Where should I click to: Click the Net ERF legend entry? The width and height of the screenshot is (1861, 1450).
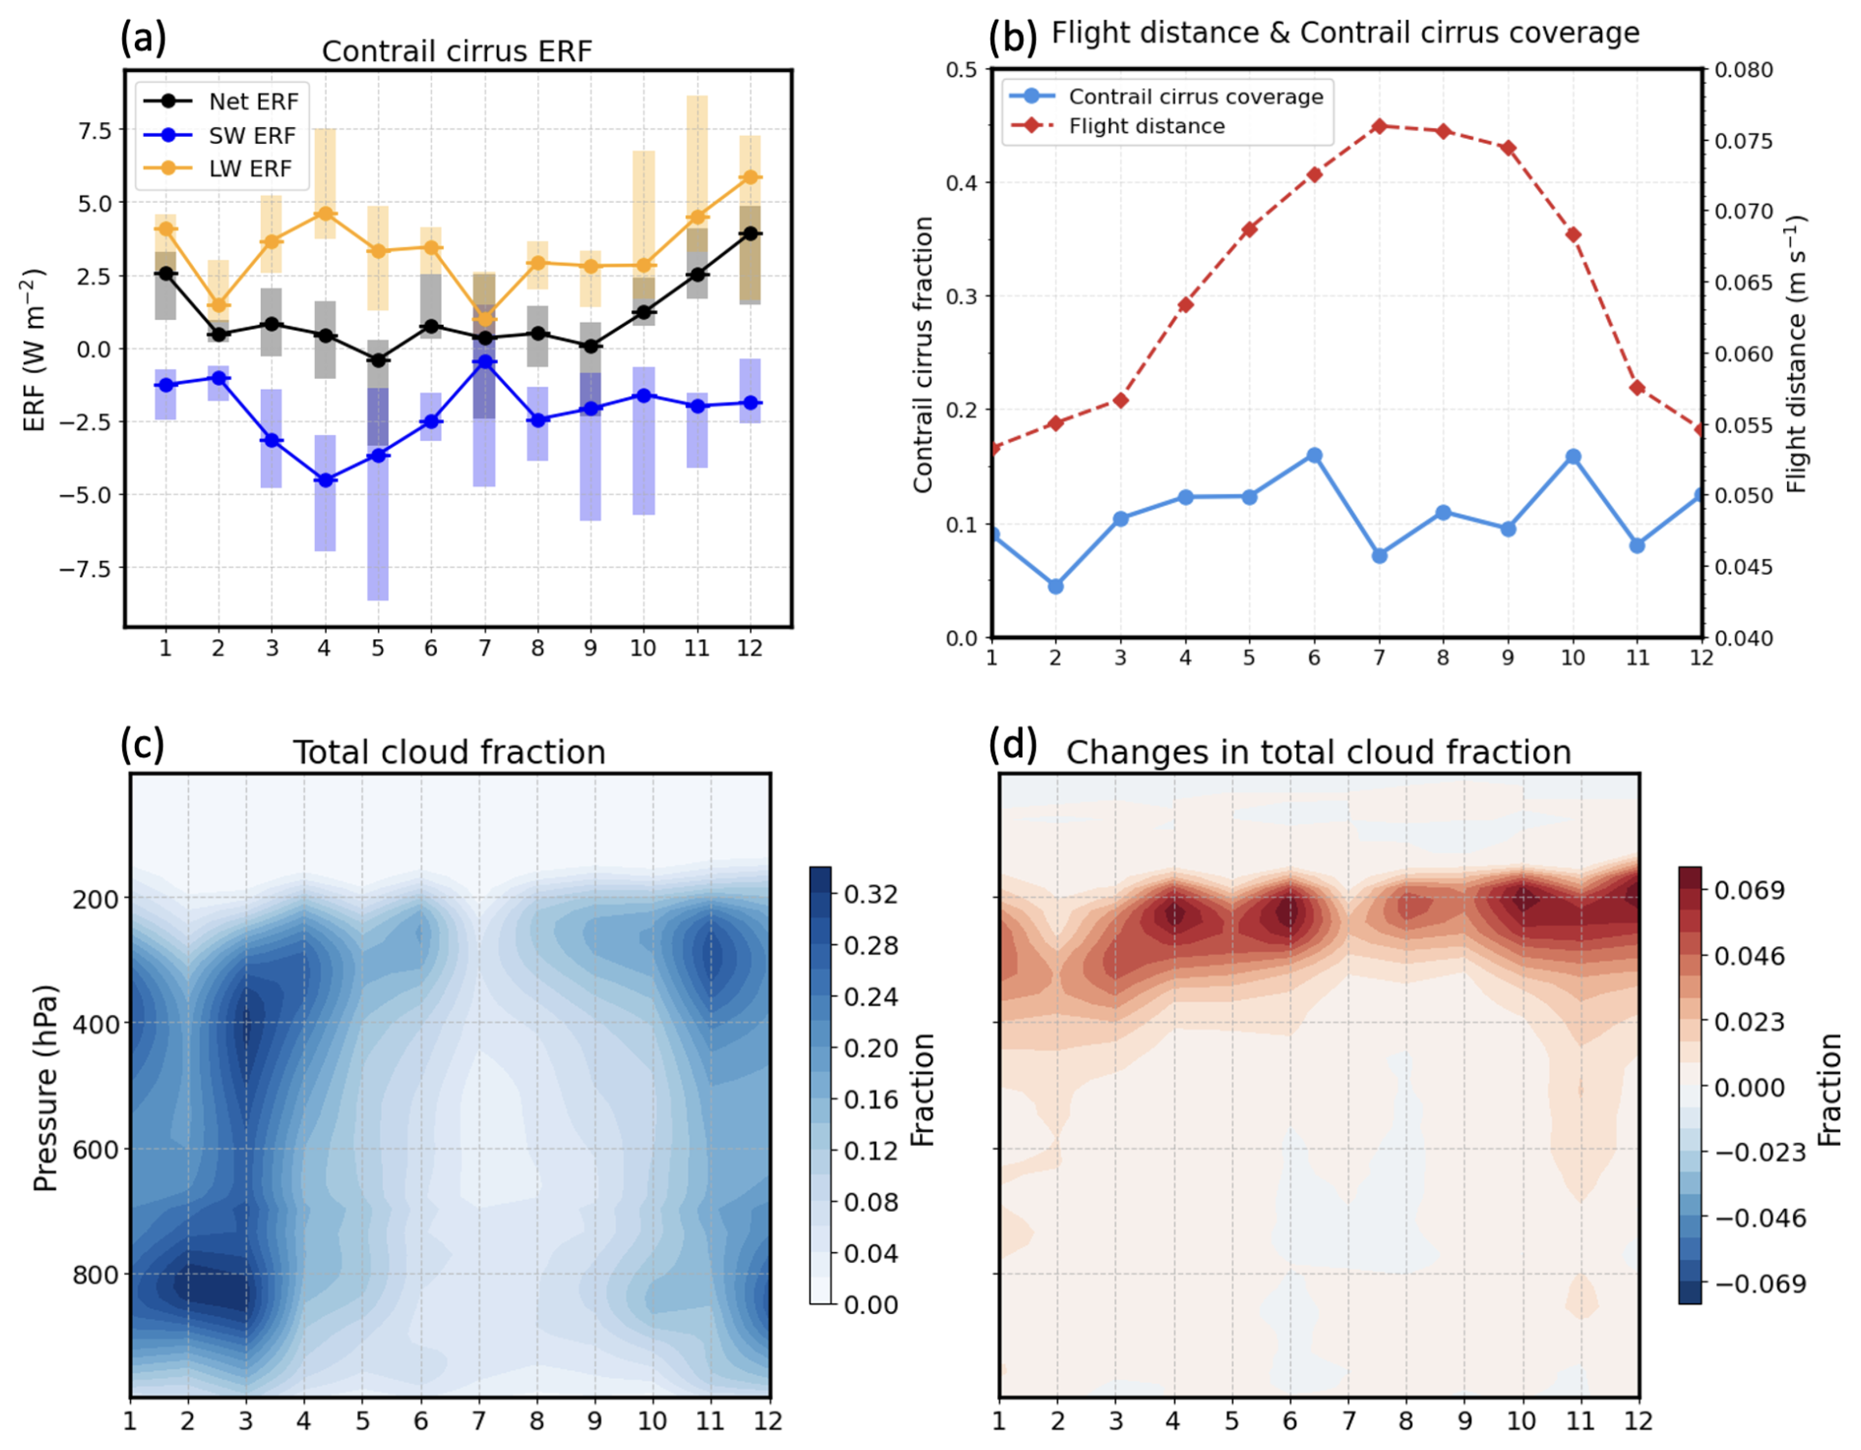tap(253, 101)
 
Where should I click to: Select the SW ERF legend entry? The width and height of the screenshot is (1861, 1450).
tap(252, 136)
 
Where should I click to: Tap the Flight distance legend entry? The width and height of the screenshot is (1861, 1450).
tap(1146, 126)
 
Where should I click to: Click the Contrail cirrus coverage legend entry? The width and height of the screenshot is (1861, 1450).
tap(1195, 96)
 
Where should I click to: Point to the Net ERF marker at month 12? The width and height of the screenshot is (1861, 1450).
tap(750, 233)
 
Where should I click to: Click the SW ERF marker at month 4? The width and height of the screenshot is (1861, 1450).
tap(326, 480)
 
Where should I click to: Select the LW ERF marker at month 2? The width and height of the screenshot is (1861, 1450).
tap(219, 305)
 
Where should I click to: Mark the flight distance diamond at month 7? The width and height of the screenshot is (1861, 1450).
tap(1379, 126)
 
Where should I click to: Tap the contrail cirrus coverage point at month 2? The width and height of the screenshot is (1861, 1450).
tap(1055, 586)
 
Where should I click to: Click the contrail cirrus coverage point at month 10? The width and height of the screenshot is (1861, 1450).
tap(1573, 456)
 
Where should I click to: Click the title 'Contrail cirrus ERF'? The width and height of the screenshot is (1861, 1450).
tap(456, 51)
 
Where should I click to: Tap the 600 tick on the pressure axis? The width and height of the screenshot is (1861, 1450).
tap(95, 1149)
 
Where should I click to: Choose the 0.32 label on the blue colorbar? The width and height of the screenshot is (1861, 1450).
tap(871, 894)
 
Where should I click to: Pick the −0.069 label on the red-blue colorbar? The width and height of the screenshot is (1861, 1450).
tap(1761, 1284)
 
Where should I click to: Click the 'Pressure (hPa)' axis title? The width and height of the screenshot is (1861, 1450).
tap(45, 1087)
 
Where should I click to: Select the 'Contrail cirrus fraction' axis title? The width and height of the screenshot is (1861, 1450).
tap(923, 354)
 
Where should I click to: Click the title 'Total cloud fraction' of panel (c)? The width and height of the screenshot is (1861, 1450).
tap(450, 753)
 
